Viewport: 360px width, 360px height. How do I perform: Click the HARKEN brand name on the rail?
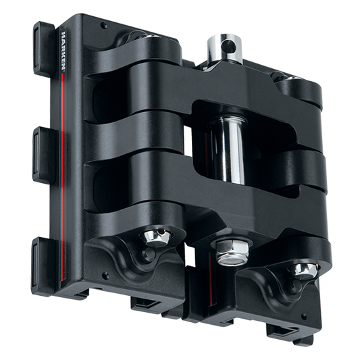(63, 51)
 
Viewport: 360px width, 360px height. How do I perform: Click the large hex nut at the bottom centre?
(232, 253)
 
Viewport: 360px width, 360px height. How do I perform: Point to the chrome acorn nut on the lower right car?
(304, 271)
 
